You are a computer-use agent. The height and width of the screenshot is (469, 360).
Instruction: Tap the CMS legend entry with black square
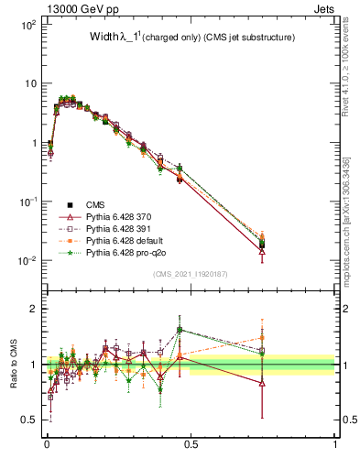[95, 204]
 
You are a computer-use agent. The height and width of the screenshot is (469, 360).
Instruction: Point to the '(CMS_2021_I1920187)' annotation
[190, 273]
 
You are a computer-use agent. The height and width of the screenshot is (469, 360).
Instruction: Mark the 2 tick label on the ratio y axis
[35, 309]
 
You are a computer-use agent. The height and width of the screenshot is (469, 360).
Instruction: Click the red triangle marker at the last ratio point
[262, 383]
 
